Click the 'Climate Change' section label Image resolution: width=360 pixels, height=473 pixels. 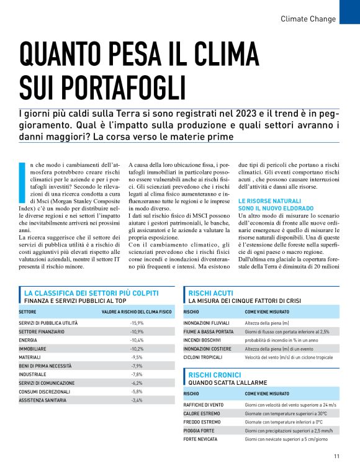[308, 19]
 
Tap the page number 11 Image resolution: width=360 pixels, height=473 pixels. [336, 456]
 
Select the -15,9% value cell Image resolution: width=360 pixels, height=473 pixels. [137, 323]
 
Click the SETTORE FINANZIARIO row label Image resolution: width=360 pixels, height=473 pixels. [42, 332]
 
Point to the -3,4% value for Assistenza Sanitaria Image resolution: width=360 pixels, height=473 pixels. [137, 400]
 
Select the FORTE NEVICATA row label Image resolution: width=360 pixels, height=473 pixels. [200, 439]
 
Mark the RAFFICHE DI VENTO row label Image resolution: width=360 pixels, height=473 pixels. [204, 405]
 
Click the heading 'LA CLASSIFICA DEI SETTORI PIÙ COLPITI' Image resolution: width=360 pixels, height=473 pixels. [91, 292]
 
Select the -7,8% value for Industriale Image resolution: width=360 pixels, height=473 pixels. [137, 375]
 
